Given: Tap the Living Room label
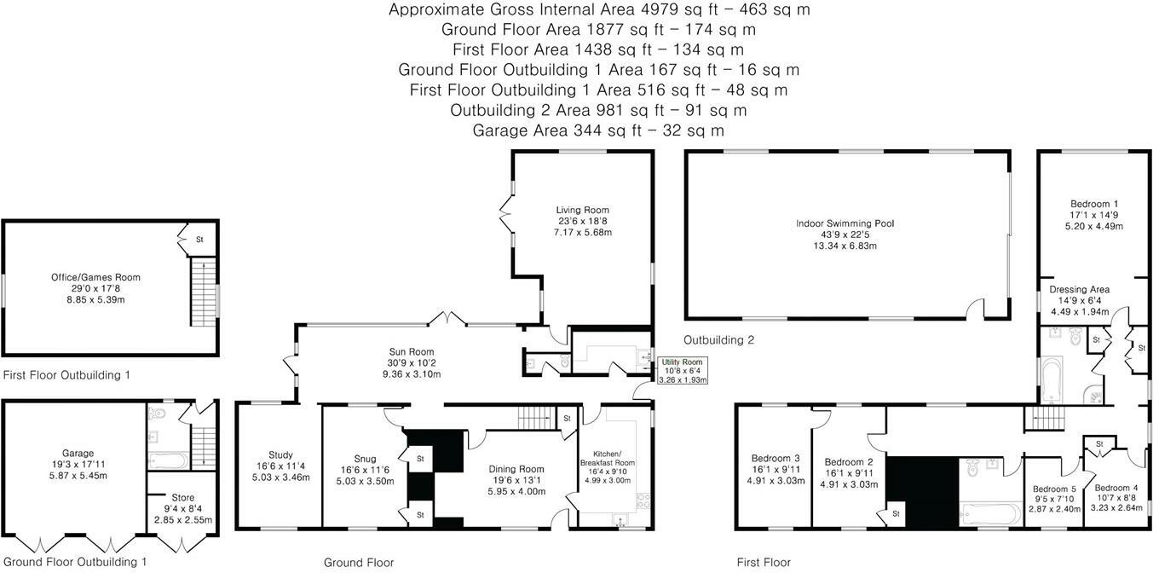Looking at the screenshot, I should (583, 221).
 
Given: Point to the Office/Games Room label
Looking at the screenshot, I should (95, 288).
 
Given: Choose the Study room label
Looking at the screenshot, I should (280, 466).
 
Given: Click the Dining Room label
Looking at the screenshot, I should (516, 480).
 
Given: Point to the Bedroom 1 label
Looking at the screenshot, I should (1094, 215).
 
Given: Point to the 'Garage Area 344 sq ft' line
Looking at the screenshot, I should (598, 130).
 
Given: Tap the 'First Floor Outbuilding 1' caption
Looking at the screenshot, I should (67, 375).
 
